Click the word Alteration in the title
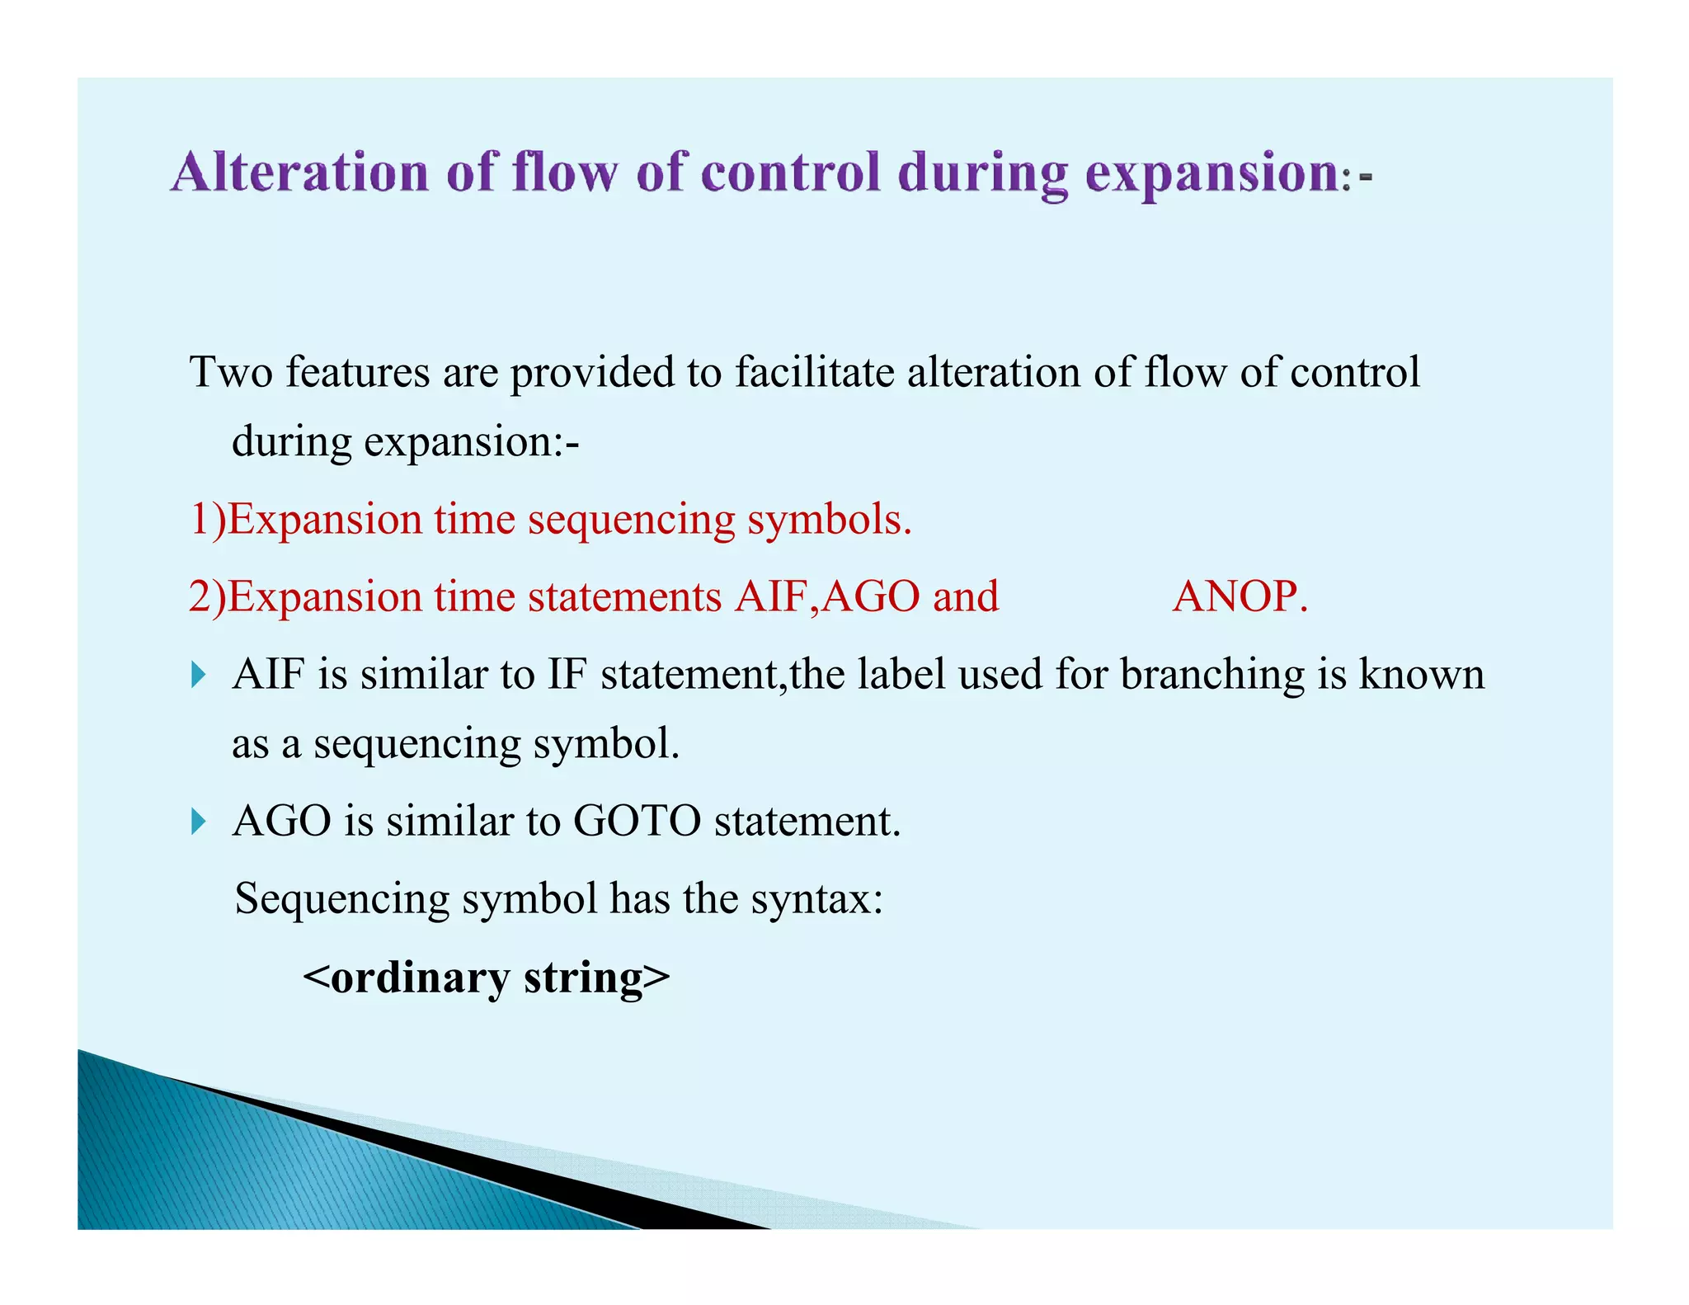[300, 173]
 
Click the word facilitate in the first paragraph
[814, 372]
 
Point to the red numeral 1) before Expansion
[207, 520]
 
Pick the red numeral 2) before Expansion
[207, 596]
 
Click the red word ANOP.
[1240, 596]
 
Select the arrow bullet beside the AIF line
[198, 676]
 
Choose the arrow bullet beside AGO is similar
[198, 822]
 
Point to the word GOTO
[637, 822]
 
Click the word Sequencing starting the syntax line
[341, 899]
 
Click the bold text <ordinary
[407, 978]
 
